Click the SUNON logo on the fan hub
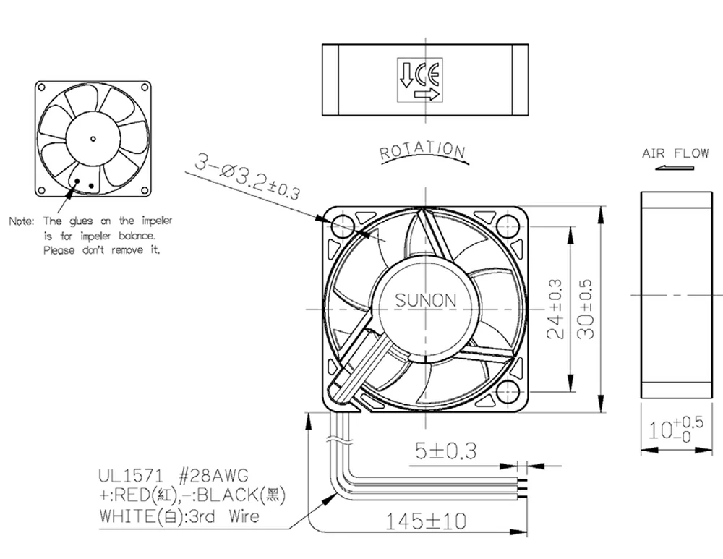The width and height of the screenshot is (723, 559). (x=426, y=300)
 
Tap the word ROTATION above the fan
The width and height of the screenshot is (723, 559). (x=422, y=150)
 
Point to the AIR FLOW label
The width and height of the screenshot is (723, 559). (x=675, y=153)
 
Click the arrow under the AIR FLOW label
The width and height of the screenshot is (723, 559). (x=674, y=168)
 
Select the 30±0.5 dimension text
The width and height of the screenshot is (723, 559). (x=586, y=309)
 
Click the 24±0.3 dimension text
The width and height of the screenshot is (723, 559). (x=555, y=309)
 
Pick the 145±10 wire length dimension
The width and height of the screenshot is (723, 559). (x=426, y=521)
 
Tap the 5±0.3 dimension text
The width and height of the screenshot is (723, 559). (x=445, y=451)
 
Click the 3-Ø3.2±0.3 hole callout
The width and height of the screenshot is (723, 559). (x=247, y=176)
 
